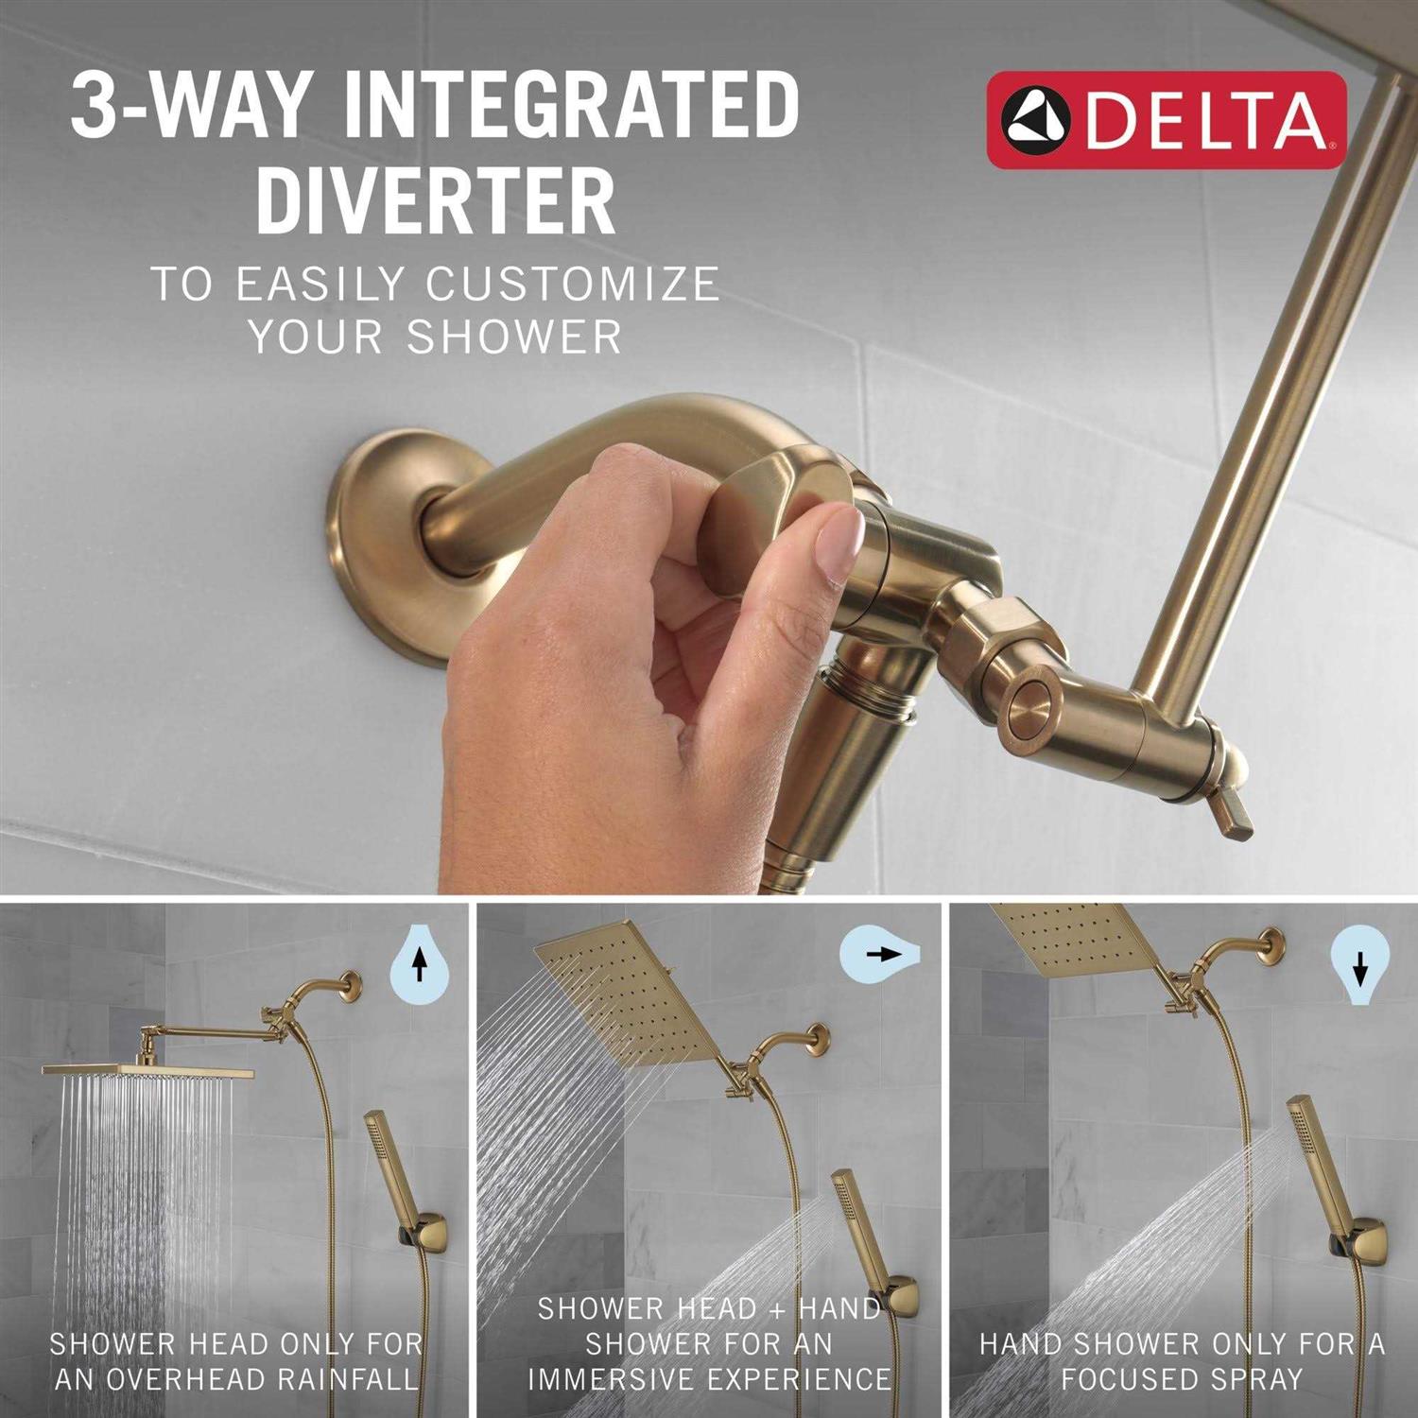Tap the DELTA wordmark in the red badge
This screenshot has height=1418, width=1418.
tap(1205, 121)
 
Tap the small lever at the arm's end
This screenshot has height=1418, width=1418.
tap(1232, 813)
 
